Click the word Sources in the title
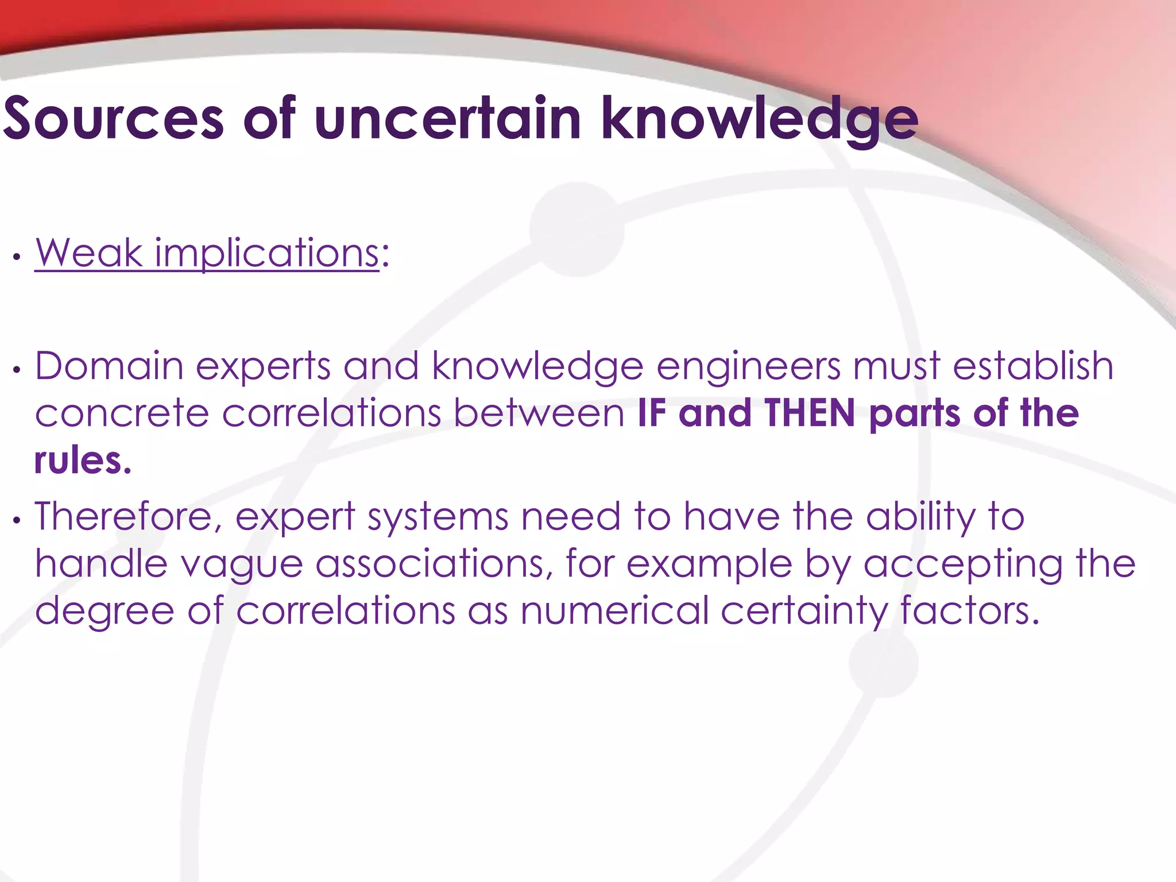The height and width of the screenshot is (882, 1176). [x=113, y=119]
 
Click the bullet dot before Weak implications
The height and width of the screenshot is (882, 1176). [x=17, y=257]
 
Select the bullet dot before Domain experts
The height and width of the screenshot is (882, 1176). [x=17, y=370]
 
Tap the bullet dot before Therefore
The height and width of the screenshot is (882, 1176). [x=17, y=520]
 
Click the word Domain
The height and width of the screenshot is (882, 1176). [x=109, y=366]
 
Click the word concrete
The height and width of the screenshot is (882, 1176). [x=122, y=413]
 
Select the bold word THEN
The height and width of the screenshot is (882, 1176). [x=810, y=413]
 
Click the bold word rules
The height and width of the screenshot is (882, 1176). [x=83, y=461]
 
